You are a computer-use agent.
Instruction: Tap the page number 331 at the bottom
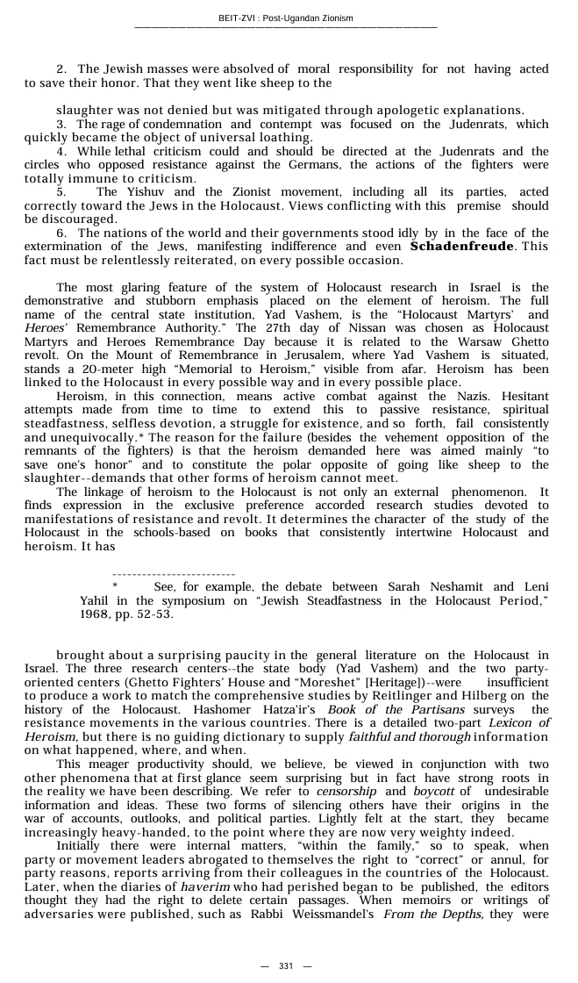coord(286,965)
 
